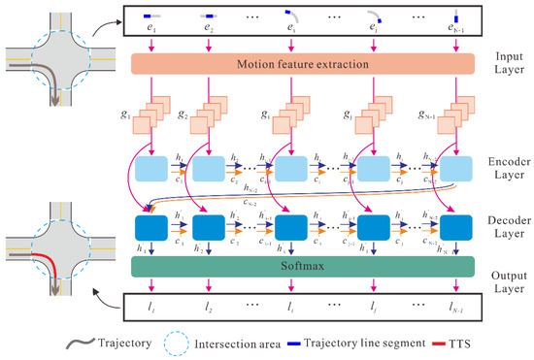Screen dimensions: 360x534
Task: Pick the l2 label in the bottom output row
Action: coord(208,307)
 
